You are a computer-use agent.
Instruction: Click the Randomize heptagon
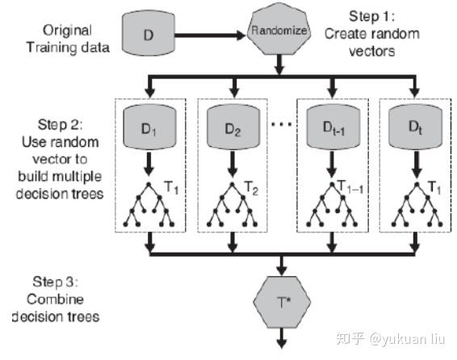coord(279,29)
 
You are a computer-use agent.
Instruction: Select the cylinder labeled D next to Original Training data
coord(149,33)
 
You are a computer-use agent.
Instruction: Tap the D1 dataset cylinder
coord(149,127)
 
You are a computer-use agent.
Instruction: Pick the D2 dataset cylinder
coord(233,127)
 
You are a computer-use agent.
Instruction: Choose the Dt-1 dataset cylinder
coord(333,127)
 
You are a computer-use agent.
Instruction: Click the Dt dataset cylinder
coord(415,127)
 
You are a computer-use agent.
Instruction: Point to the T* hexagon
coord(282,302)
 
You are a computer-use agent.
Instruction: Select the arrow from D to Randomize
coord(210,36)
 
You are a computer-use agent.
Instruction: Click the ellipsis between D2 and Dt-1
coord(282,124)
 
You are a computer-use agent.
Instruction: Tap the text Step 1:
coord(372,16)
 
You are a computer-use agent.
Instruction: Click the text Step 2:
coord(61,124)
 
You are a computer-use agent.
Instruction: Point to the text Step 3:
coord(55,282)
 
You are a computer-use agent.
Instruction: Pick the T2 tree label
coord(251,187)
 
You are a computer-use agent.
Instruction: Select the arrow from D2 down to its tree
coord(233,164)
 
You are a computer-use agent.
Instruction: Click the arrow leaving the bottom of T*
coord(282,338)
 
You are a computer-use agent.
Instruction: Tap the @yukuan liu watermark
coord(408,339)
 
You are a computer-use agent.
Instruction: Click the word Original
coord(68,31)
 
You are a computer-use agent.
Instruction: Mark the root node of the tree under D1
coord(149,184)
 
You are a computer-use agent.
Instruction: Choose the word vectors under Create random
coord(372,52)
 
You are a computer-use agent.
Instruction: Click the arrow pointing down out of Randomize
coord(279,65)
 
